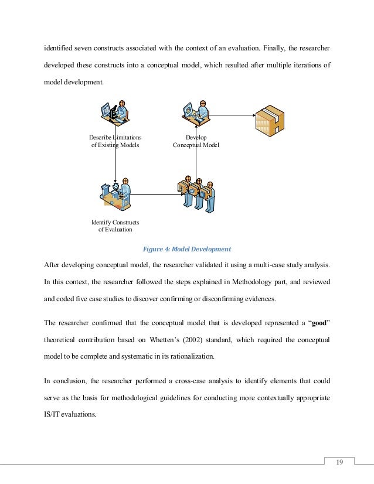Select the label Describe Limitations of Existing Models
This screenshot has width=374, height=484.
tap(115, 141)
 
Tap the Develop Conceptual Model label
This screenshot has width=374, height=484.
tap(196, 141)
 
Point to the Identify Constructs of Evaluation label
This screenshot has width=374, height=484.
tap(115, 226)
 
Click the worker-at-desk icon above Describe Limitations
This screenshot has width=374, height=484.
tap(115, 113)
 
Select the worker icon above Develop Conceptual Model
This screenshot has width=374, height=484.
tap(196, 113)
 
